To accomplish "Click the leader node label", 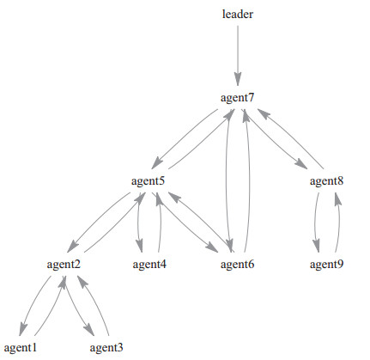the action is tap(238, 14).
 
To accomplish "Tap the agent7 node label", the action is tap(237, 98).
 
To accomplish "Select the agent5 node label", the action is tap(148, 181).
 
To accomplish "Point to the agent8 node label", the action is tap(326, 181).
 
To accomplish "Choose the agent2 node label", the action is tap(64, 264).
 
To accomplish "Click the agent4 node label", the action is tap(149, 264).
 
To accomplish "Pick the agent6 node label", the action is tap(237, 264).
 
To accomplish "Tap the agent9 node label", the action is tap(326, 264).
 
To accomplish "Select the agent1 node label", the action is tap(21, 348).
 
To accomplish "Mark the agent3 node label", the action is tap(106, 348).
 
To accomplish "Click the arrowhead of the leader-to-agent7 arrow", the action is tap(238, 79).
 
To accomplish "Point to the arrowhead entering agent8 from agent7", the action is tap(301, 163).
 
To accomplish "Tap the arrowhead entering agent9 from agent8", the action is tap(316, 246).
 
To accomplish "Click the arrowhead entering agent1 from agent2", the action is tap(23, 329).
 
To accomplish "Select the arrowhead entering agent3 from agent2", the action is tap(89, 329).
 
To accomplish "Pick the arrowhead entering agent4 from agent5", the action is tap(139, 246).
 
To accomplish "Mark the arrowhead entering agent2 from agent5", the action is tap(72, 247).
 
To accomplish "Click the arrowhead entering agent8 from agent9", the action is tap(337, 199).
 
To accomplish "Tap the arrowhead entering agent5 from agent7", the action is tap(157, 163).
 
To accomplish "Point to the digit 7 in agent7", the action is tap(251, 97).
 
